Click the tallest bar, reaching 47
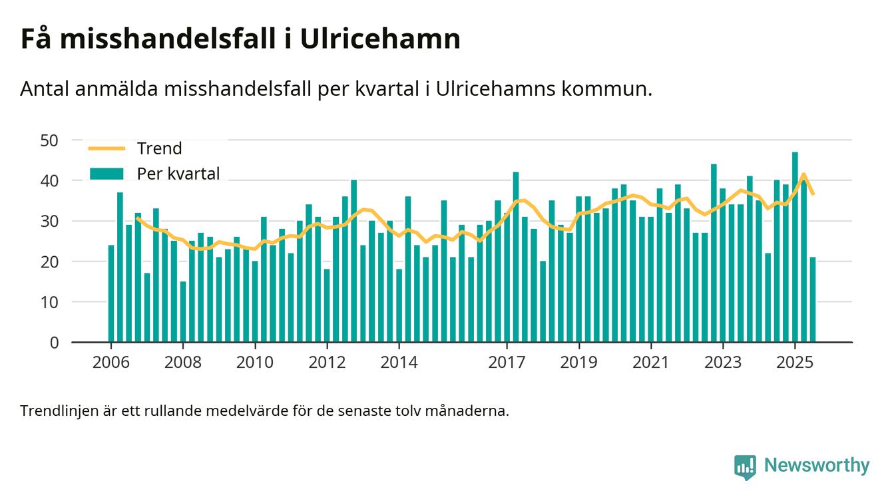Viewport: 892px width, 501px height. tap(795, 247)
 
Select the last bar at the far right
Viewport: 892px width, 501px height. tap(813, 299)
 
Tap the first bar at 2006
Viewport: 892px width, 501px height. tap(111, 293)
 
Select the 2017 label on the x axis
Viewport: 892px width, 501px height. tap(507, 363)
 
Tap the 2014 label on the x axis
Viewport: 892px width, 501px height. tap(399, 363)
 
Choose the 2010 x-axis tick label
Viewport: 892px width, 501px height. tap(255, 363)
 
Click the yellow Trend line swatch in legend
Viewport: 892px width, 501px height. tap(107, 148)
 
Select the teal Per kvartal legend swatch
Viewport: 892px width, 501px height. tap(107, 174)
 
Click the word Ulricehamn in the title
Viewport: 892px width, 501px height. tap(380, 39)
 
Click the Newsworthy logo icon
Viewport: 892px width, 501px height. tap(745, 466)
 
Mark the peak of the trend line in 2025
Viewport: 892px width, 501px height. tap(804, 175)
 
